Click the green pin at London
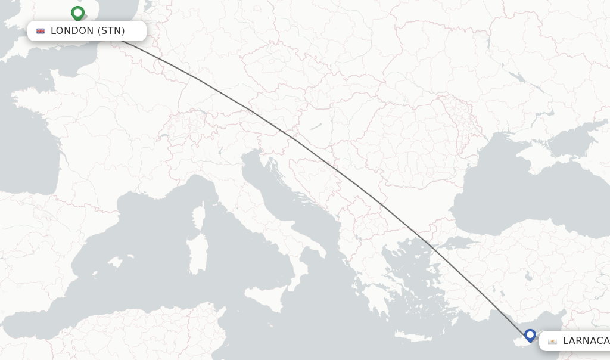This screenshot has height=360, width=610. coord(77,13)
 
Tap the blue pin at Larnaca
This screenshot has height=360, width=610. coord(530,335)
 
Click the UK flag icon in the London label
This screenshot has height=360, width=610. coord(41,31)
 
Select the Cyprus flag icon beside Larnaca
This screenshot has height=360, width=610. coord(552,341)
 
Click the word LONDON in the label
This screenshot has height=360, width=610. coord(72,31)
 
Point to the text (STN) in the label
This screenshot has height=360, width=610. coord(111,31)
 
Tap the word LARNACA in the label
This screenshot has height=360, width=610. coord(586,341)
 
